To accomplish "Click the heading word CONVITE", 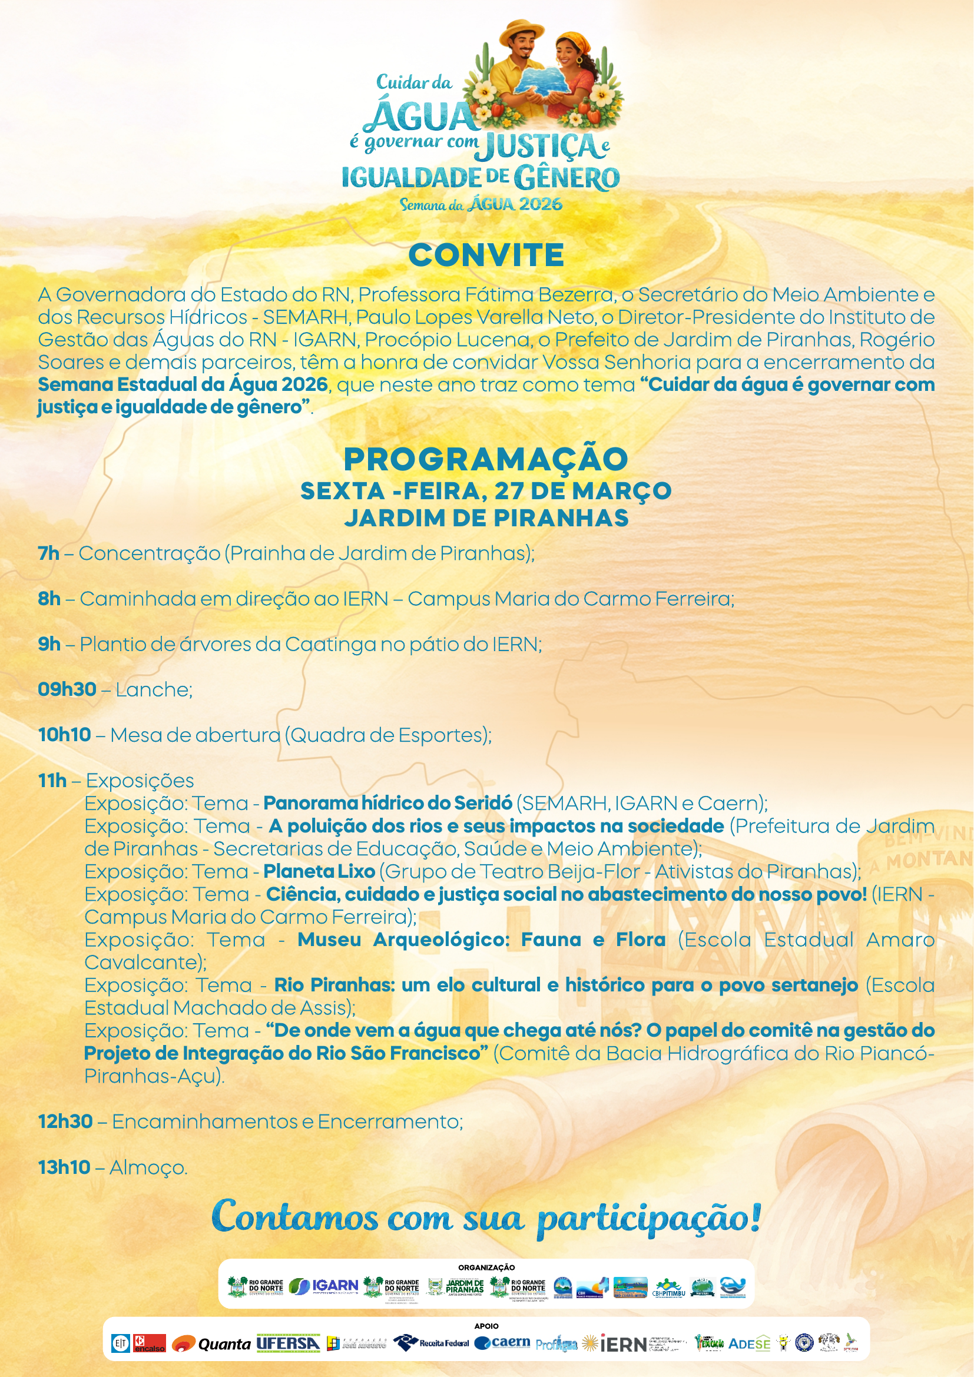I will click(x=486, y=255).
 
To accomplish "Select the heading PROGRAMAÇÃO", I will click(x=486, y=459).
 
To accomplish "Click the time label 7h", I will click(x=48, y=553).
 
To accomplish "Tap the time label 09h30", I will click(x=67, y=689).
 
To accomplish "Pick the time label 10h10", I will click(x=65, y=735).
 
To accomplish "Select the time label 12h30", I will click(x=65, y=1121).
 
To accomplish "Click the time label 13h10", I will click(x=64, y=1167).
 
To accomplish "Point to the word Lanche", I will click(x=154, y=690).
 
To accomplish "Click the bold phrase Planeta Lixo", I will click(x=319, y=871).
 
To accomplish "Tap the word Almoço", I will click(x=148, y=1167).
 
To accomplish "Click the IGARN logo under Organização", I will click(x=324, y=1286).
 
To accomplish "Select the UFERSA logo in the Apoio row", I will click(x=288, y=1343).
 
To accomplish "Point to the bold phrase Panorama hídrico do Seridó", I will click(x=387, y=803).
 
